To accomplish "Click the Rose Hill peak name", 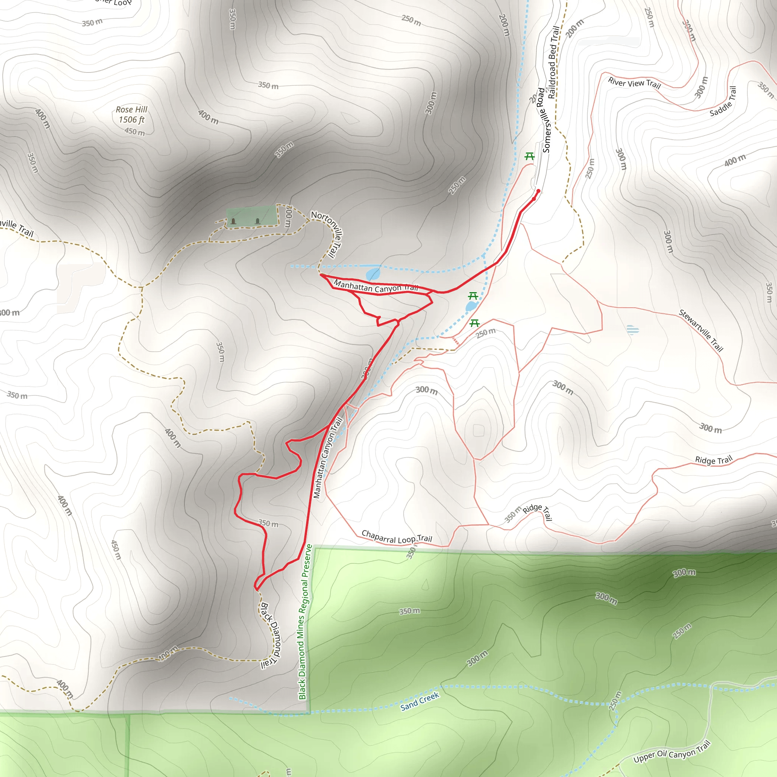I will [x=132, y=109].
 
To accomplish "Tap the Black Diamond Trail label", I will [x=270, y=635].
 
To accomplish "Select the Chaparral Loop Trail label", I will [x=396, y=537].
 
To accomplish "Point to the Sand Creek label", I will [x=420, y=702].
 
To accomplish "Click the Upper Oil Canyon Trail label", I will [x=672, y=752].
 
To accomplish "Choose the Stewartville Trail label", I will [x=701, y=330].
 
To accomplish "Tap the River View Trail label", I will [x=634, y=83].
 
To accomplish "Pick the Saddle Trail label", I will [x=723, y=102].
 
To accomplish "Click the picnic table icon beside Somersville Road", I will [x=529, y=156].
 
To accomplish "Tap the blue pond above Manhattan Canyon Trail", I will [x=373, y=274].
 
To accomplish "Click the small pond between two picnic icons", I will [x=471, y=307].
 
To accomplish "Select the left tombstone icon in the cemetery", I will [x=233, y=221].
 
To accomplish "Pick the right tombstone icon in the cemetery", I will [x=257, y=221].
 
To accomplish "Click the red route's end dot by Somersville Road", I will [x=538, y=191].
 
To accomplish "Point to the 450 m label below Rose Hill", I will [x=134, y=132].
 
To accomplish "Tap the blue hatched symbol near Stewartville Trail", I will [x=632, y=330].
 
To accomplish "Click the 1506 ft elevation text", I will [x=132, y=120].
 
